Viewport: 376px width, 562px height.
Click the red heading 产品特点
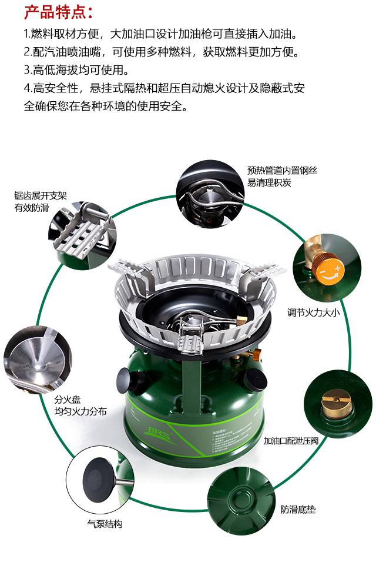[58, 12]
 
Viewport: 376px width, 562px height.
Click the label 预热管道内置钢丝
[282, 171]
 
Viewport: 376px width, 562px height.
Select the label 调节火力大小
[313, 312]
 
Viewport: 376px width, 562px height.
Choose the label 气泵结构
[105, 523]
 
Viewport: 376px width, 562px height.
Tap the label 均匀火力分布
[80, 411]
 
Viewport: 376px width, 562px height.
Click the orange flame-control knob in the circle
[332, 272]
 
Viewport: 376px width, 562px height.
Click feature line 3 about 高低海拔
[76, 69]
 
